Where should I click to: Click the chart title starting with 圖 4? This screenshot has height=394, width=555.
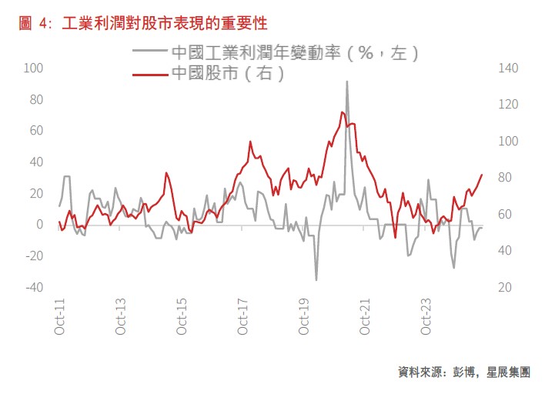click(143, 23)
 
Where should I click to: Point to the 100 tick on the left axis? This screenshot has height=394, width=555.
click(35, 68)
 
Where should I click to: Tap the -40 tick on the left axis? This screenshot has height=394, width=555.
click(33, 287)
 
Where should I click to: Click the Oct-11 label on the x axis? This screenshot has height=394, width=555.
click(59, 316)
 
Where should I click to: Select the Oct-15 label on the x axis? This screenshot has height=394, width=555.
click(182, 316)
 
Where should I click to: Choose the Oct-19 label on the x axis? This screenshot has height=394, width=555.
click(304, 316)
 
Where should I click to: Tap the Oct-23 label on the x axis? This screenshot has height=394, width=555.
click(426, 316)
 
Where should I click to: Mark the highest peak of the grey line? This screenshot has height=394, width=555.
click(347, 82)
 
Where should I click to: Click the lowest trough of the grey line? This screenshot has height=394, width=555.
click(316, 279)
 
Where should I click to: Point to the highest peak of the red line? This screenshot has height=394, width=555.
click(341, 112)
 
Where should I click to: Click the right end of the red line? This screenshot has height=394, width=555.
click(482, 175)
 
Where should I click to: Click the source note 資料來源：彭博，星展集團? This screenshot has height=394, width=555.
click(463, 372)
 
